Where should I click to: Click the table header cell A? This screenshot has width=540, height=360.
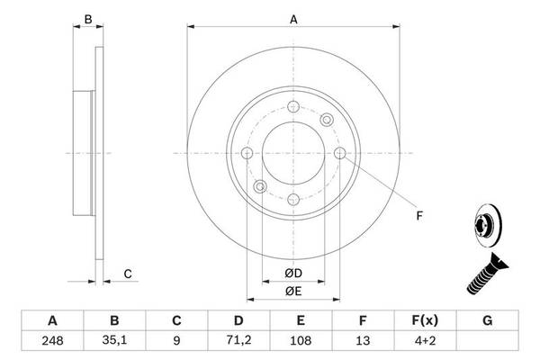tap(52, 320)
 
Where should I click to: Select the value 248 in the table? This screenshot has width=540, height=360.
tap(52, 341)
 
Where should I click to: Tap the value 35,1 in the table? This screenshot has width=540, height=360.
tap(114, 341)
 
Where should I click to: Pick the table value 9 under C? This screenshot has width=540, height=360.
tap(176, 341)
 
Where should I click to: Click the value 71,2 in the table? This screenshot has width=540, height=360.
tap(238, 341)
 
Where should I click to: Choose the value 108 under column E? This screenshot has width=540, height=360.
tap(301, 341)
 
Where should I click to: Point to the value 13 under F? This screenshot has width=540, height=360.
tap(362, 341)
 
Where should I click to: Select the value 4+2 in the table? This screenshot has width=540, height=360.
tap(425, 341)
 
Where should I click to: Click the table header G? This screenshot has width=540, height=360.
tap(487, 320)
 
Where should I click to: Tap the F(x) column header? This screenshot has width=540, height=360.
tap(425, 320)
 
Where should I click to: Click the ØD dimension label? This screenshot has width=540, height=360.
tap(293, 273)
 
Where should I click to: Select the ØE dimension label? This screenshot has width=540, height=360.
tap(293, 292)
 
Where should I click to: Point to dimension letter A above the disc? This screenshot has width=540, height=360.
tap(293, 18)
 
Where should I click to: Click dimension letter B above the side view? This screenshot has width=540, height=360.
tap(87, 18)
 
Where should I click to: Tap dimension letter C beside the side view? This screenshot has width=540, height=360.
tap(128, 274)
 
